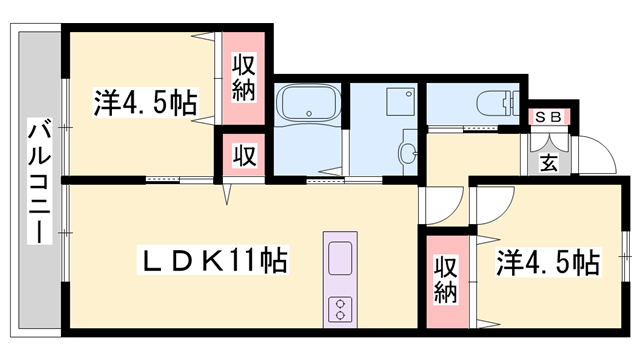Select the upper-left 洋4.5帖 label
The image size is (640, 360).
click(x=146, y=103)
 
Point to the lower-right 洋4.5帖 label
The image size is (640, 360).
click(x=549, y=264)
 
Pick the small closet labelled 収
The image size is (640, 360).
click(x=243, y=156)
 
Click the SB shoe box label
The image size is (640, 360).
click(x=548, y=117)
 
